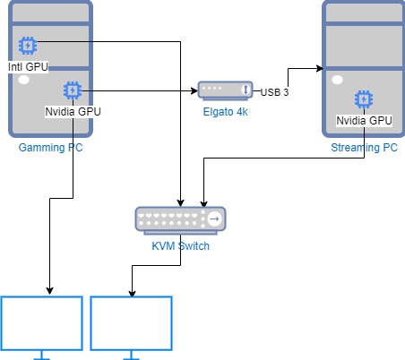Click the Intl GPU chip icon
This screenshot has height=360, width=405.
pyautogui.click(x=28, y=46)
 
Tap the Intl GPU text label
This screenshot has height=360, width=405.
pyautogui.click(x=28, y=67)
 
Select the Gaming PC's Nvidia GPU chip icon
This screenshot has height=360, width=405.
pyautogui.click(x=73, y=90)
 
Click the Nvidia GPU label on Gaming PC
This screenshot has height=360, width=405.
pyautogui.click(x=73, y=112)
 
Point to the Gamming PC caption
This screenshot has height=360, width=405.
pyautogui.click(x=50, y=148)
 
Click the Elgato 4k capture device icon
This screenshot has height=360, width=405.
pyautogui.click(x=225, y=90)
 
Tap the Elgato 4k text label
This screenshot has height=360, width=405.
pyautogui.click(x=225, y=112)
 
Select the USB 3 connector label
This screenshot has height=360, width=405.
pyautogui.click(x=274, y=92)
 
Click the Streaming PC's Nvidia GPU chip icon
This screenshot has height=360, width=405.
pyautogui.click(x=364, y=99)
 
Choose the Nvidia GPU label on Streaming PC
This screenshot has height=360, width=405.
pyautogui.click(x=364, y=121)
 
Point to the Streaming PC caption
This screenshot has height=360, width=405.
pyautogui.click(x=364, y=148)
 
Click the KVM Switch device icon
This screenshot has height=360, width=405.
pyautogui.click(x=180, y=220)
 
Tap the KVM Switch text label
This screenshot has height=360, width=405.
pyautogui.click(x=180, y=246)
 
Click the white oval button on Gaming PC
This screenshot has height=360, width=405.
pyautogui.click(x=24, y=80)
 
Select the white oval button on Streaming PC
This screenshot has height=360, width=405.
pyautogui.click(x=338, y=80)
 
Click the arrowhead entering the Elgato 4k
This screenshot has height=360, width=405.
pyautogui.click(x=194, y=90)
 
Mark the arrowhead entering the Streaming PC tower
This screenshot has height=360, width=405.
pyautogui.click(x=320, y=69)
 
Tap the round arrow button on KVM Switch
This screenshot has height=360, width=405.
pyautogui.click(x=214, y=219)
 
